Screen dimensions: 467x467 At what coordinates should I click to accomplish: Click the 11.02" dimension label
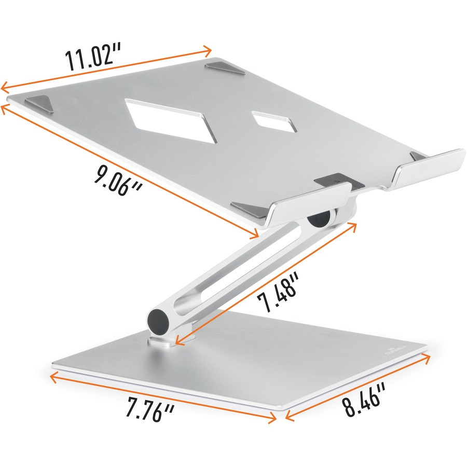click(93, 58)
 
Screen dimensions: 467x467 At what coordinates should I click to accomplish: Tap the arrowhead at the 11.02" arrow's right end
click(208, 50)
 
